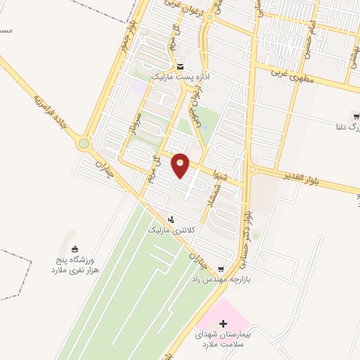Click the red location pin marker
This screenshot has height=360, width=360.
pos(181,165)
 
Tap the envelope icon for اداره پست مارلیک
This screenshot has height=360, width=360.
pos(179,62)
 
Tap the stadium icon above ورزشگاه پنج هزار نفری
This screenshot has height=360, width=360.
pos(75,249)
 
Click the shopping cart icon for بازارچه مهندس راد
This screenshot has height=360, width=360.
pos(221,269)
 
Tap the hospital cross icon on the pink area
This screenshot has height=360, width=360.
pos(224,324)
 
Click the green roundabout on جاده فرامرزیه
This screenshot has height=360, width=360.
pos(85,144)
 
